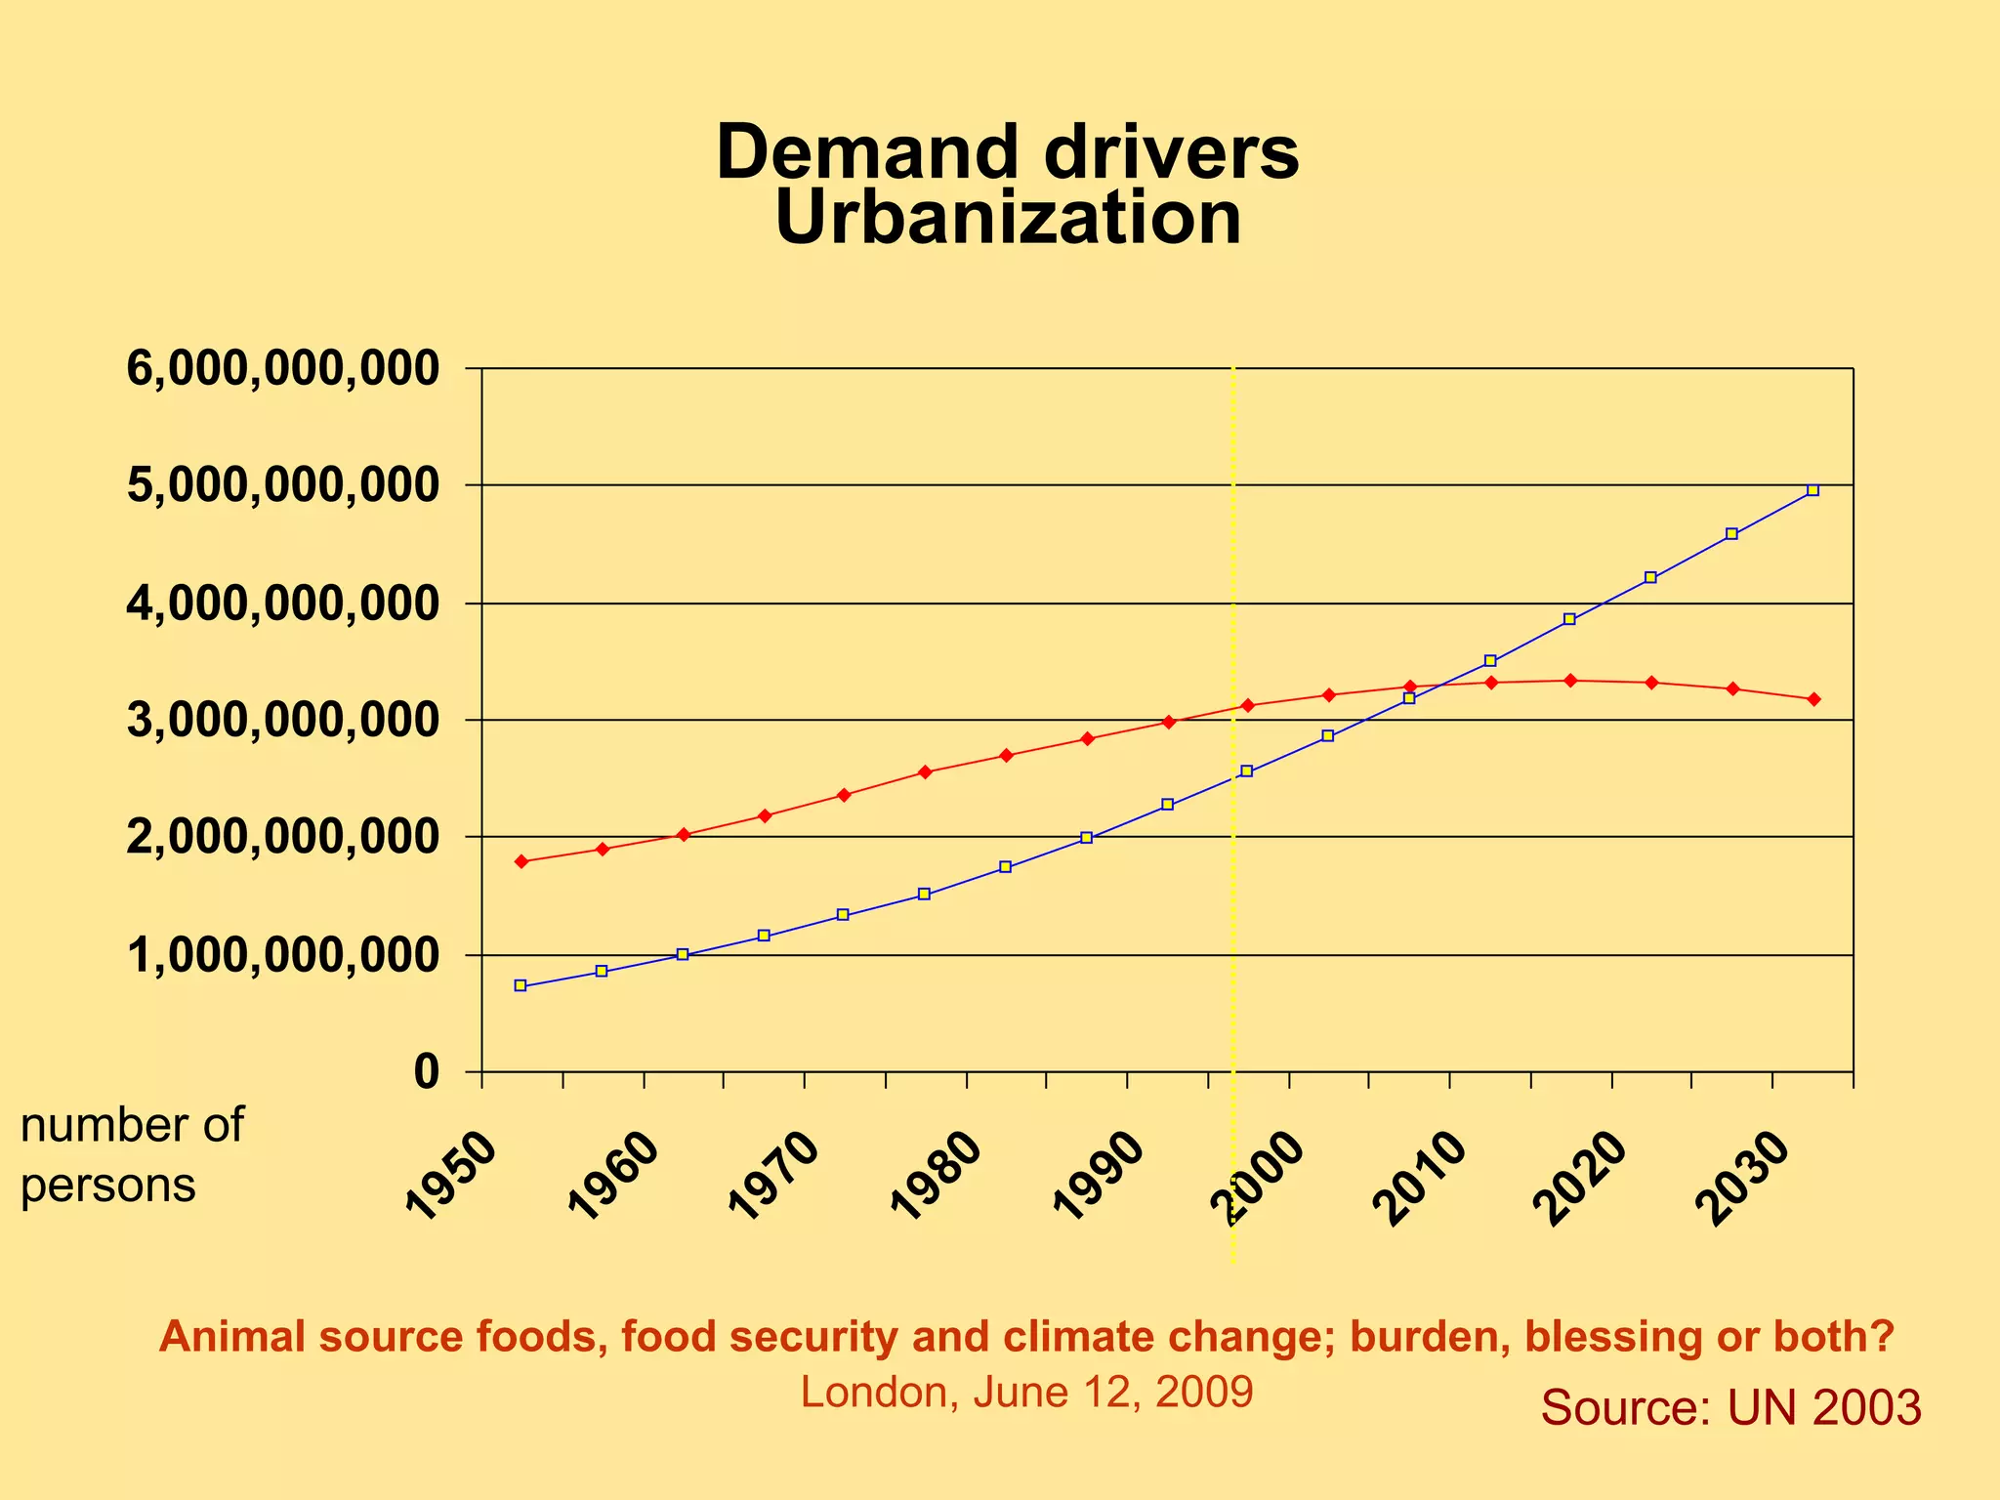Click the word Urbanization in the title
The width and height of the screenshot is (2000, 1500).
[1007, 218]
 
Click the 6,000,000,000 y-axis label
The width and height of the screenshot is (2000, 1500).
[283, 369]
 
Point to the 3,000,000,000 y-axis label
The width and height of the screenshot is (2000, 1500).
[283, 721]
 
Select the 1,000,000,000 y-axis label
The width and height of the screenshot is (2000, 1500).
[283, 955]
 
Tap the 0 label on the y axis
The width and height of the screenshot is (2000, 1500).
[427, 1072]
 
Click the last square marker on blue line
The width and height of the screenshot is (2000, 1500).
[1812, 490]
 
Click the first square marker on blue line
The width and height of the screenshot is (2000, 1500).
[521, 985]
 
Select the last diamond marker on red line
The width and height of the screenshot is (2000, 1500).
[1813, 699]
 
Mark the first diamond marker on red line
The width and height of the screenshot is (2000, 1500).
[521, 861]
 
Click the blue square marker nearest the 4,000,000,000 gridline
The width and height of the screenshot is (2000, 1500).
[1569, 619]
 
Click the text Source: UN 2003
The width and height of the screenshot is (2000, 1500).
[1730, 1407]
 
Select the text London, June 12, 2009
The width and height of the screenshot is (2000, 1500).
[1026, 1392]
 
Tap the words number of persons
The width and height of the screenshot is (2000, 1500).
[132, 1155]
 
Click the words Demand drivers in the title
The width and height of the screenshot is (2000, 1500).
[1007, 152]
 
